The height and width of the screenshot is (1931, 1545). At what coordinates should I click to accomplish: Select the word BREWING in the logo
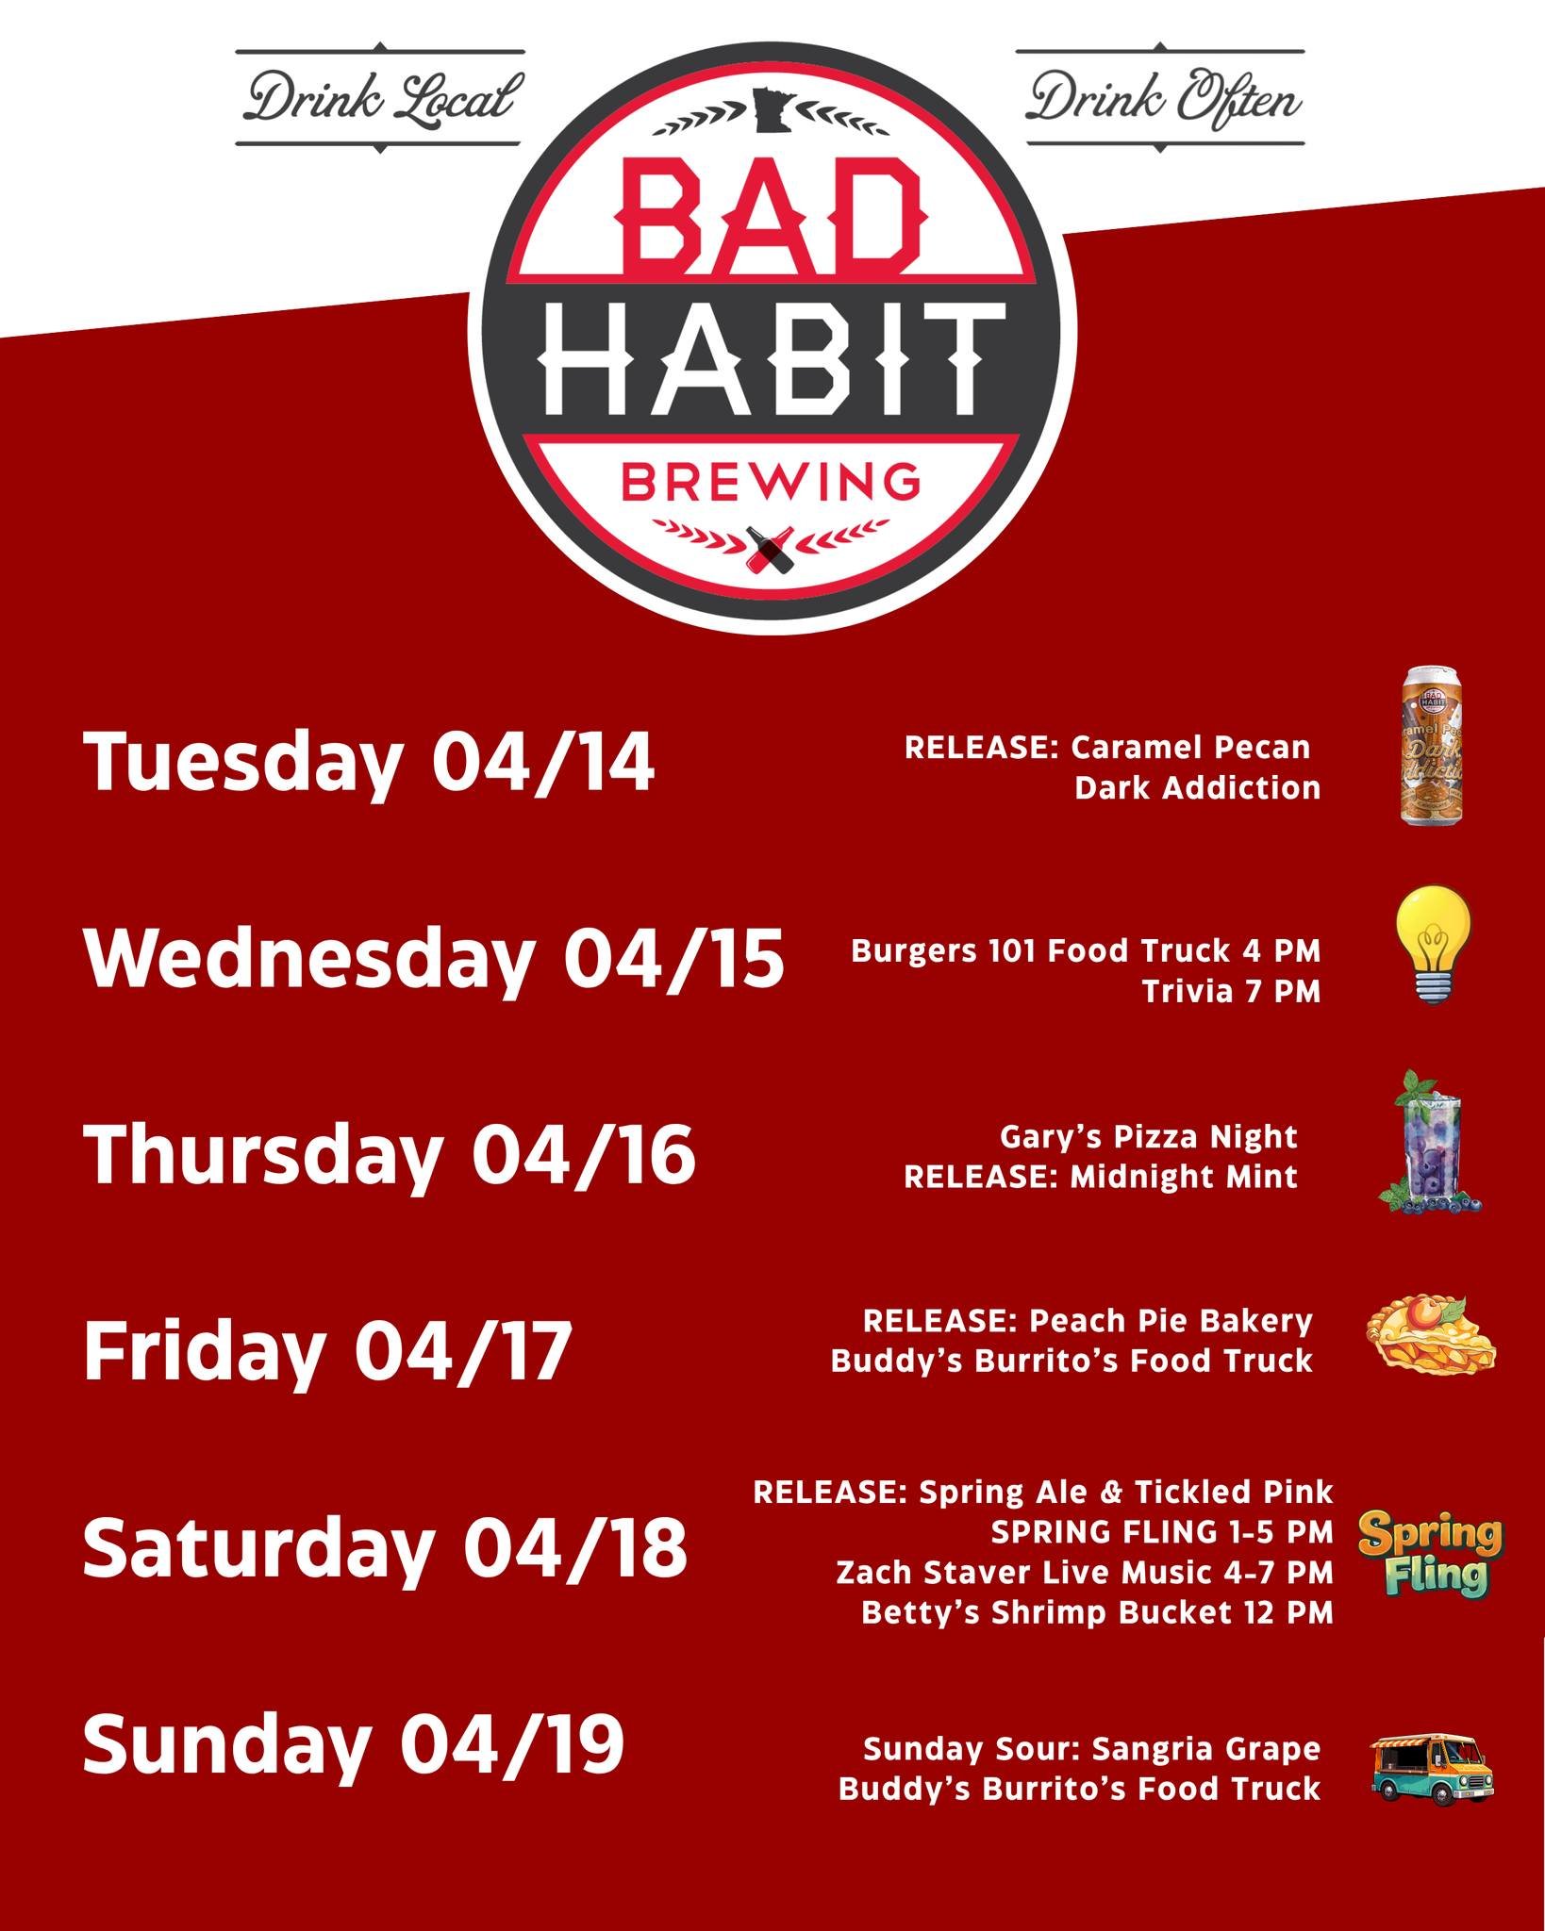tap(771, 481)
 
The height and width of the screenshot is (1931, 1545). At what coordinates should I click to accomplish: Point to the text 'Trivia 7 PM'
tap(1231, 991)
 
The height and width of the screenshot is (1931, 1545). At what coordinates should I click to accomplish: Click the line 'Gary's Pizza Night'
tap(1148, 1136)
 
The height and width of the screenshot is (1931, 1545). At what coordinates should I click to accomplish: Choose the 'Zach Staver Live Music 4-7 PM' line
tap(1085, 1572)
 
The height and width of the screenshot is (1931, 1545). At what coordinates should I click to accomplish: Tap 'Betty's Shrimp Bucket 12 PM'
tap(1097, 1612)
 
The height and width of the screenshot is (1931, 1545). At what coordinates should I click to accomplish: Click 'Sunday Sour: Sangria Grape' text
tap(1091, 1749)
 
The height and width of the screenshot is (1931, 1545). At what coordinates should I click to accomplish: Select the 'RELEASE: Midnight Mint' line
tap(1100, 1177)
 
